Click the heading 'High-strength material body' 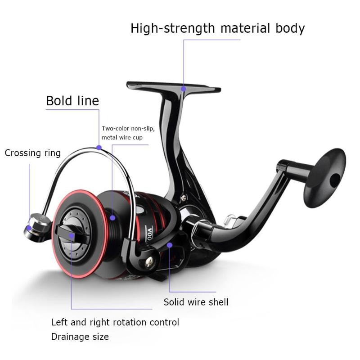(x=217, y=28)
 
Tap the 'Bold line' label (x=72, y=101)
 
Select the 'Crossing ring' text (x=32, y=153)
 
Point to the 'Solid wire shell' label (x=196, y=302)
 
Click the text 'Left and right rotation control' (x=115, y=322)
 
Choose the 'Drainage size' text (x=80, y=337)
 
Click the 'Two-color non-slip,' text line (x=128, y=128)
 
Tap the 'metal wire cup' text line (x=122, y=137)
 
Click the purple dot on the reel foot (x=183, y=89)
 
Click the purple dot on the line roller (x=29, y=228)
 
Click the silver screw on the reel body (x=183, y=196)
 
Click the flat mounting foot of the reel (x=173, y=85)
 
